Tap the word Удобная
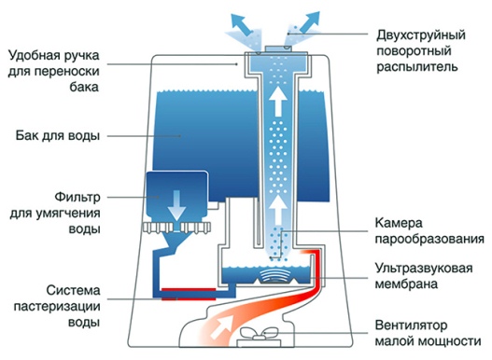pyautogui.click(x=34, y=53)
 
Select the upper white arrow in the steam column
pyautogui.click(x=278, y=98)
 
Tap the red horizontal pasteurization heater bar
pyautogui.click(x=188, y=292)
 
